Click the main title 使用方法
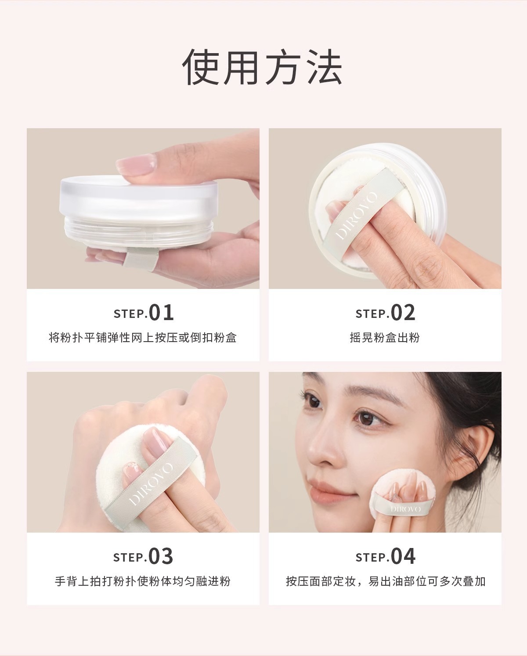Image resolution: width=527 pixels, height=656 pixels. pos(263,67)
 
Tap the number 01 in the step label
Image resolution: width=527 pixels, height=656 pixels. pos(161,313)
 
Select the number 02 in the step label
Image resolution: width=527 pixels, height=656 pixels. pos(403,313)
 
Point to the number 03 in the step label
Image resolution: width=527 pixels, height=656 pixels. pos(161,556)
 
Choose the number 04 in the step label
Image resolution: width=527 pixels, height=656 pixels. pos(403,556)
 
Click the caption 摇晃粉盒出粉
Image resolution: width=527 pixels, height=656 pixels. pos(385,338)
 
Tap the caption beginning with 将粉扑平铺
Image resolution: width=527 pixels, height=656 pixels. pos(143,338)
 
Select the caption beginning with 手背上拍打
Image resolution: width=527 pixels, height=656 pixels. pos(143,581)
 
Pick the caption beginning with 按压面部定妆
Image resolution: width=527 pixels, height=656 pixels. pos(385,581)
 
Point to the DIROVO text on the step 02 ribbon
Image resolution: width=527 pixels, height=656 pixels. pos(357,216)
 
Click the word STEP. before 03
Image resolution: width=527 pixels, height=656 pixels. pos(130,558)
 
